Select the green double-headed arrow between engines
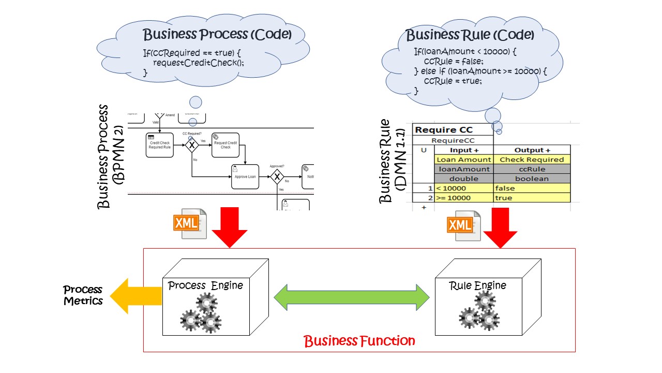click(352, 297)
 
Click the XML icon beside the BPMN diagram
click(189, 223)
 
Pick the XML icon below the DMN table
click(464, 225)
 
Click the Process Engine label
click(205, 285)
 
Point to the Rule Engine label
click(477, 285)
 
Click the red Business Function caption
click(359, 341)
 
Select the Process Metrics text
click(83, 295)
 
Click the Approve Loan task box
click(245, 177)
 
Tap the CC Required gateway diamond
click(192, 146)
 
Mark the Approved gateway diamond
click(278, 177)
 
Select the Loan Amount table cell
click(464, 160)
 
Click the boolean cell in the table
click(532, 179)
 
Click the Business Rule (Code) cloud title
click(470, 35)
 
